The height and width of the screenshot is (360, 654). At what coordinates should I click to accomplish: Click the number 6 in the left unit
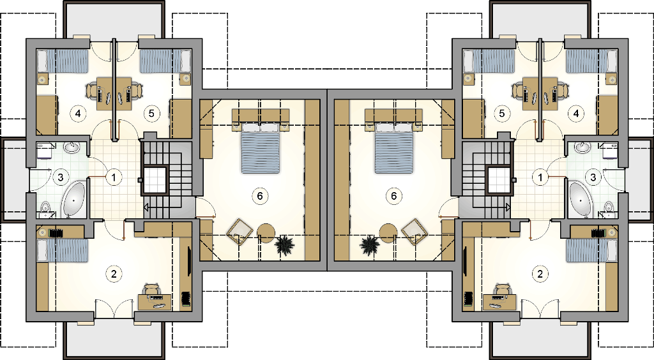coord(260,195)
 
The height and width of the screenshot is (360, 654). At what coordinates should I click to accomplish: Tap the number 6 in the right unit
coord(393,195)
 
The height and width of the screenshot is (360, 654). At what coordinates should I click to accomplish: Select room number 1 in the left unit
coord(114,177)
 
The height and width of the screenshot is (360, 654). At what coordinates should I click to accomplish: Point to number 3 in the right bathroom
coord(593,177)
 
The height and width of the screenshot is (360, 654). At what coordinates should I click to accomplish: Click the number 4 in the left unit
coord(78,113)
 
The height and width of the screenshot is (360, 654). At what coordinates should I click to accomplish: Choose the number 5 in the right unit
coord(502,113)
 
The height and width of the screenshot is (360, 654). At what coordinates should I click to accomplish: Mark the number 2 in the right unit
coord(540,274)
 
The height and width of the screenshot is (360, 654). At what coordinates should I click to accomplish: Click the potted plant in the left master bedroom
coord(284,245)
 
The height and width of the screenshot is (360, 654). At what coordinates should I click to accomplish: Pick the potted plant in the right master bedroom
coord(370,245)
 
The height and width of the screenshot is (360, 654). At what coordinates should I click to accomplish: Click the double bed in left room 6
coord(260,147)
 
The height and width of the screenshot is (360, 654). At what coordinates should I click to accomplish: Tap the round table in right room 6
coord(388,232)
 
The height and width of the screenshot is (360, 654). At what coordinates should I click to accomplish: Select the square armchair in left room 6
coord(240,232)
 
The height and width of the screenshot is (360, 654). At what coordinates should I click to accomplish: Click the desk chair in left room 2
coord(152,290)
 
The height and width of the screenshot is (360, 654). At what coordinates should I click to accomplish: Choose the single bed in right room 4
coord(591,61)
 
